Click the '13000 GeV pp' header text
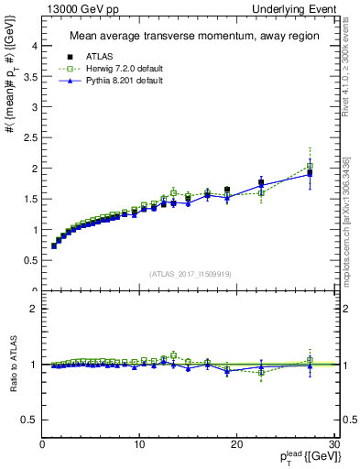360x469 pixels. [x=76, y=8]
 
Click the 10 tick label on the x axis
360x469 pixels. [x=139, y=444]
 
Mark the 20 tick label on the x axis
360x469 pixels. [x=236, y=444]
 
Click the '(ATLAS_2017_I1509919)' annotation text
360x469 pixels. [x=191, y=273]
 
